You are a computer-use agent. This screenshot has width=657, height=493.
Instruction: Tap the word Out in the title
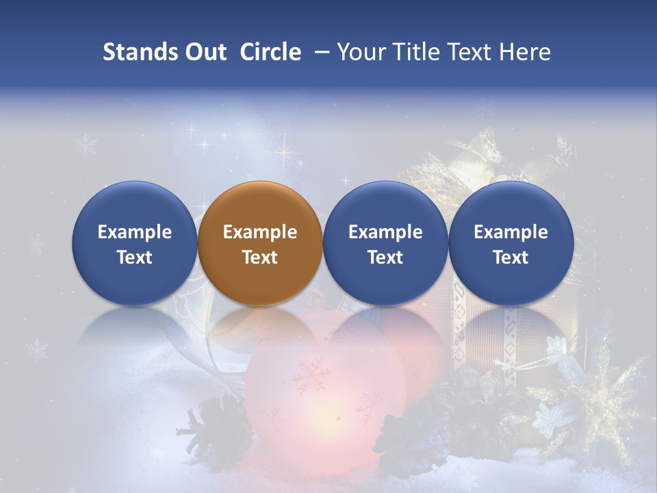[x=204, y=52]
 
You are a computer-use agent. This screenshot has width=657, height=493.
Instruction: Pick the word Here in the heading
[x=525, y=52]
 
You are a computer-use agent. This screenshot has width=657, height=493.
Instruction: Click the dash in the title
[x=320, y=53]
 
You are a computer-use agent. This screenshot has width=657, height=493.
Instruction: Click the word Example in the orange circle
[x=260, y=232]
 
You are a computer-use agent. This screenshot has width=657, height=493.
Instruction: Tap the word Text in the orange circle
[x=260, y=257]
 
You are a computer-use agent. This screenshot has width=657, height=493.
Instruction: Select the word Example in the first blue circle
[x=135, y=232]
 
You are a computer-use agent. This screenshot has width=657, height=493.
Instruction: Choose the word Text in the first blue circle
[x=135, y=257]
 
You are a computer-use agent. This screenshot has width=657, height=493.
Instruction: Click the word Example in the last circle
[x=511, y=232]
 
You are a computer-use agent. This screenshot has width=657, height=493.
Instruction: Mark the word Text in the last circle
[x=511, y=257]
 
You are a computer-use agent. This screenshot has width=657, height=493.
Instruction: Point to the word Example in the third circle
[x=385, y=232]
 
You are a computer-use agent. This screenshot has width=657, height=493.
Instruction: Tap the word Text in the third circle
[x=385, y=257]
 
